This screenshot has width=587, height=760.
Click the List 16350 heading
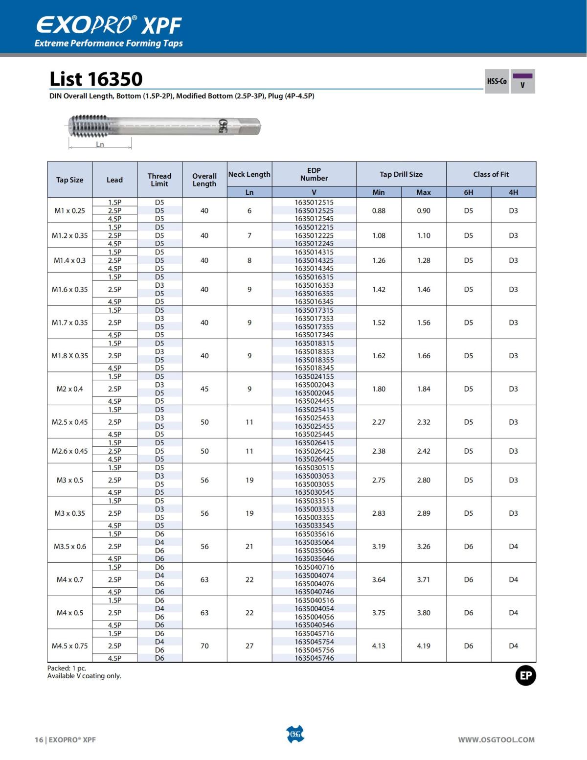pos(96,79)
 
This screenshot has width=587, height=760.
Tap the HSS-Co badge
pos(497,81)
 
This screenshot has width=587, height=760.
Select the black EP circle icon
pos(525,676)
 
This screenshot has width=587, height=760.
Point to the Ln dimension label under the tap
pos(100,144)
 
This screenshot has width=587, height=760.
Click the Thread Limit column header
pos(159,180)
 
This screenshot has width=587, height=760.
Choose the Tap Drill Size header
pos(401,174)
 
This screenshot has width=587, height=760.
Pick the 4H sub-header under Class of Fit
pos(513,192)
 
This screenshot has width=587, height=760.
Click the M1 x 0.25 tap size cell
pos(69,211)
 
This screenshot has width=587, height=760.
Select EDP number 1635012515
pos(314,202)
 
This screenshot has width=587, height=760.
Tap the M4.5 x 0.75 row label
pos(69,646)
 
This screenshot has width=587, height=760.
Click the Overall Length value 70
pos(204,646)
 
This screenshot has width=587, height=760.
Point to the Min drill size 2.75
pos(379,480)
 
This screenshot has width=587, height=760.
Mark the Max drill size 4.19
pos(424,646)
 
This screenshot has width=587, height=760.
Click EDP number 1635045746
pos(314,658)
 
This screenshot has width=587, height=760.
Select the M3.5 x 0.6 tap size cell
pos(69,546)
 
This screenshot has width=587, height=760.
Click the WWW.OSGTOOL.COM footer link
pos(496,740)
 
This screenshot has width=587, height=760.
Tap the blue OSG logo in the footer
pos(295,735)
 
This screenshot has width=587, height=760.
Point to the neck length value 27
pos(249,646)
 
